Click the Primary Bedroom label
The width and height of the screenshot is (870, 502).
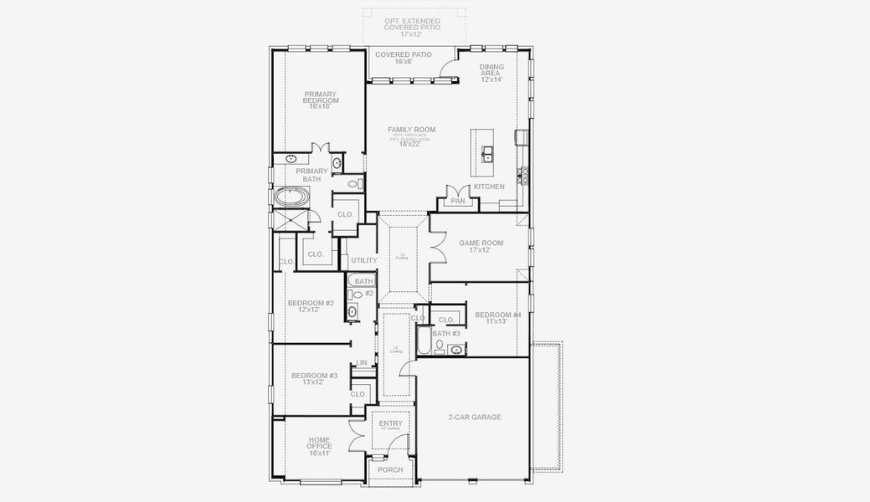[x=321, y=100]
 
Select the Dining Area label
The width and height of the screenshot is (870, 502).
[x=491, y=73]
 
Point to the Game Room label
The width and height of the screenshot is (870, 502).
[x=481, y=247]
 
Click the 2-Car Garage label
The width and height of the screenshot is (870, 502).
[x=474, y=417]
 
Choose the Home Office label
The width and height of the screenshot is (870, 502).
[x=319, y=446]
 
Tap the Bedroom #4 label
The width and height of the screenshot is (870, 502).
[x=497, y=318]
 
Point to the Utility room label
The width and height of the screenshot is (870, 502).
[x=363, y=260]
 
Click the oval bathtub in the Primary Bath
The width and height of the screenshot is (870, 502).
[x=291, y=198]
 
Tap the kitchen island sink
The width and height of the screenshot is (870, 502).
[x=487, y=153]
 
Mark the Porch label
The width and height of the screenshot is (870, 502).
[x=390, y=469]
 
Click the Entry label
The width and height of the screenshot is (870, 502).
[x=390, y=424]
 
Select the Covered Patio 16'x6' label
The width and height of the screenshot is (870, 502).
[x=404, y=58]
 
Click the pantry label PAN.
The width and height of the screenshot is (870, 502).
[x=458, y=201]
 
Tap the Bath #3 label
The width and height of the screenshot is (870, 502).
[x=446, y=333]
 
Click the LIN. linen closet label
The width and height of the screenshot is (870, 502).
[x=362, y=362]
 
